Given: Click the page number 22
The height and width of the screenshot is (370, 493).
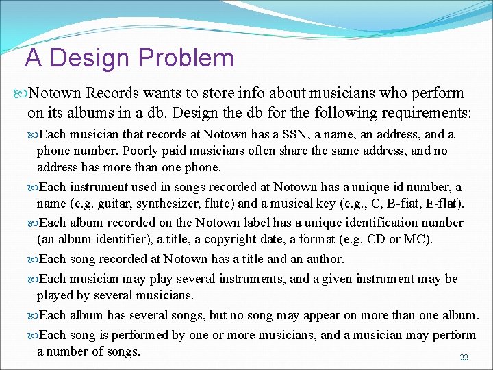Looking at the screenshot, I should click(x=464, y=358).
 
